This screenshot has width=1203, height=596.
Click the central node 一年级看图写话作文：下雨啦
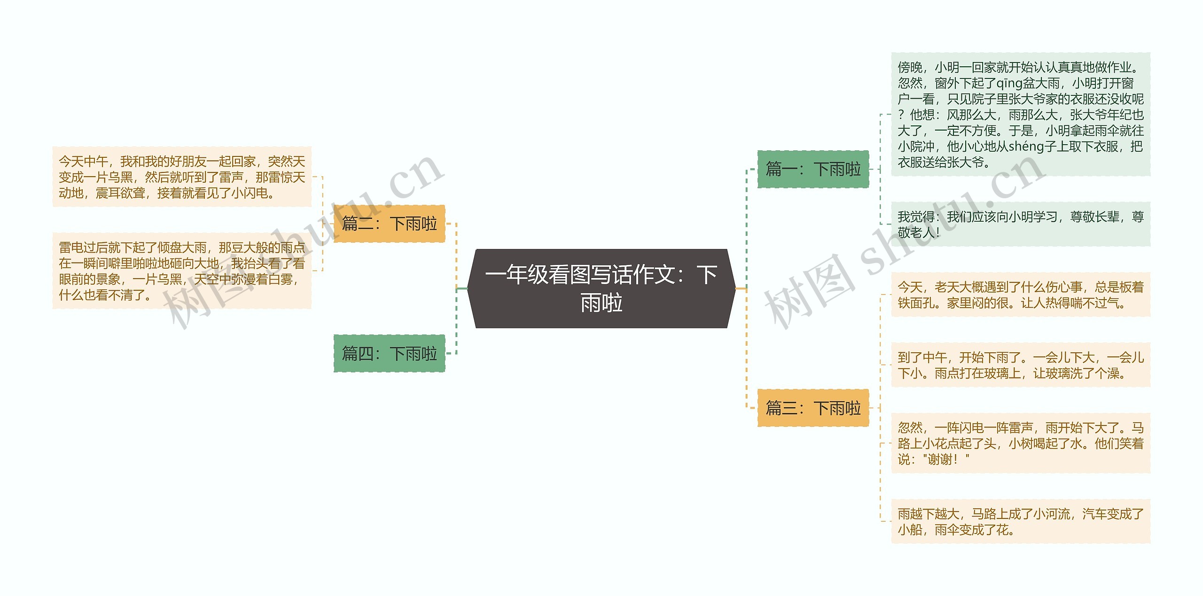tap(601, 288)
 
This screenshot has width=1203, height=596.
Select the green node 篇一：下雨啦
tap(813, 169)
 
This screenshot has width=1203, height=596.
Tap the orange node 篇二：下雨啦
tap(389, 224)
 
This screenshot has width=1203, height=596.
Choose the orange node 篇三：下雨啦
tap(813, 408)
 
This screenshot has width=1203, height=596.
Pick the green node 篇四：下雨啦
tap(389, 353)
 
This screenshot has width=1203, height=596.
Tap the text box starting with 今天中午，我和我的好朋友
tap(182, 177)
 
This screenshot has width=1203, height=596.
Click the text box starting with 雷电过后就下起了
tap(182, 271)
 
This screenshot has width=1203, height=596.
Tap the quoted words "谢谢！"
tap(945, 459)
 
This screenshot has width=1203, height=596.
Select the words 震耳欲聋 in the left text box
tap(120, 193)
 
